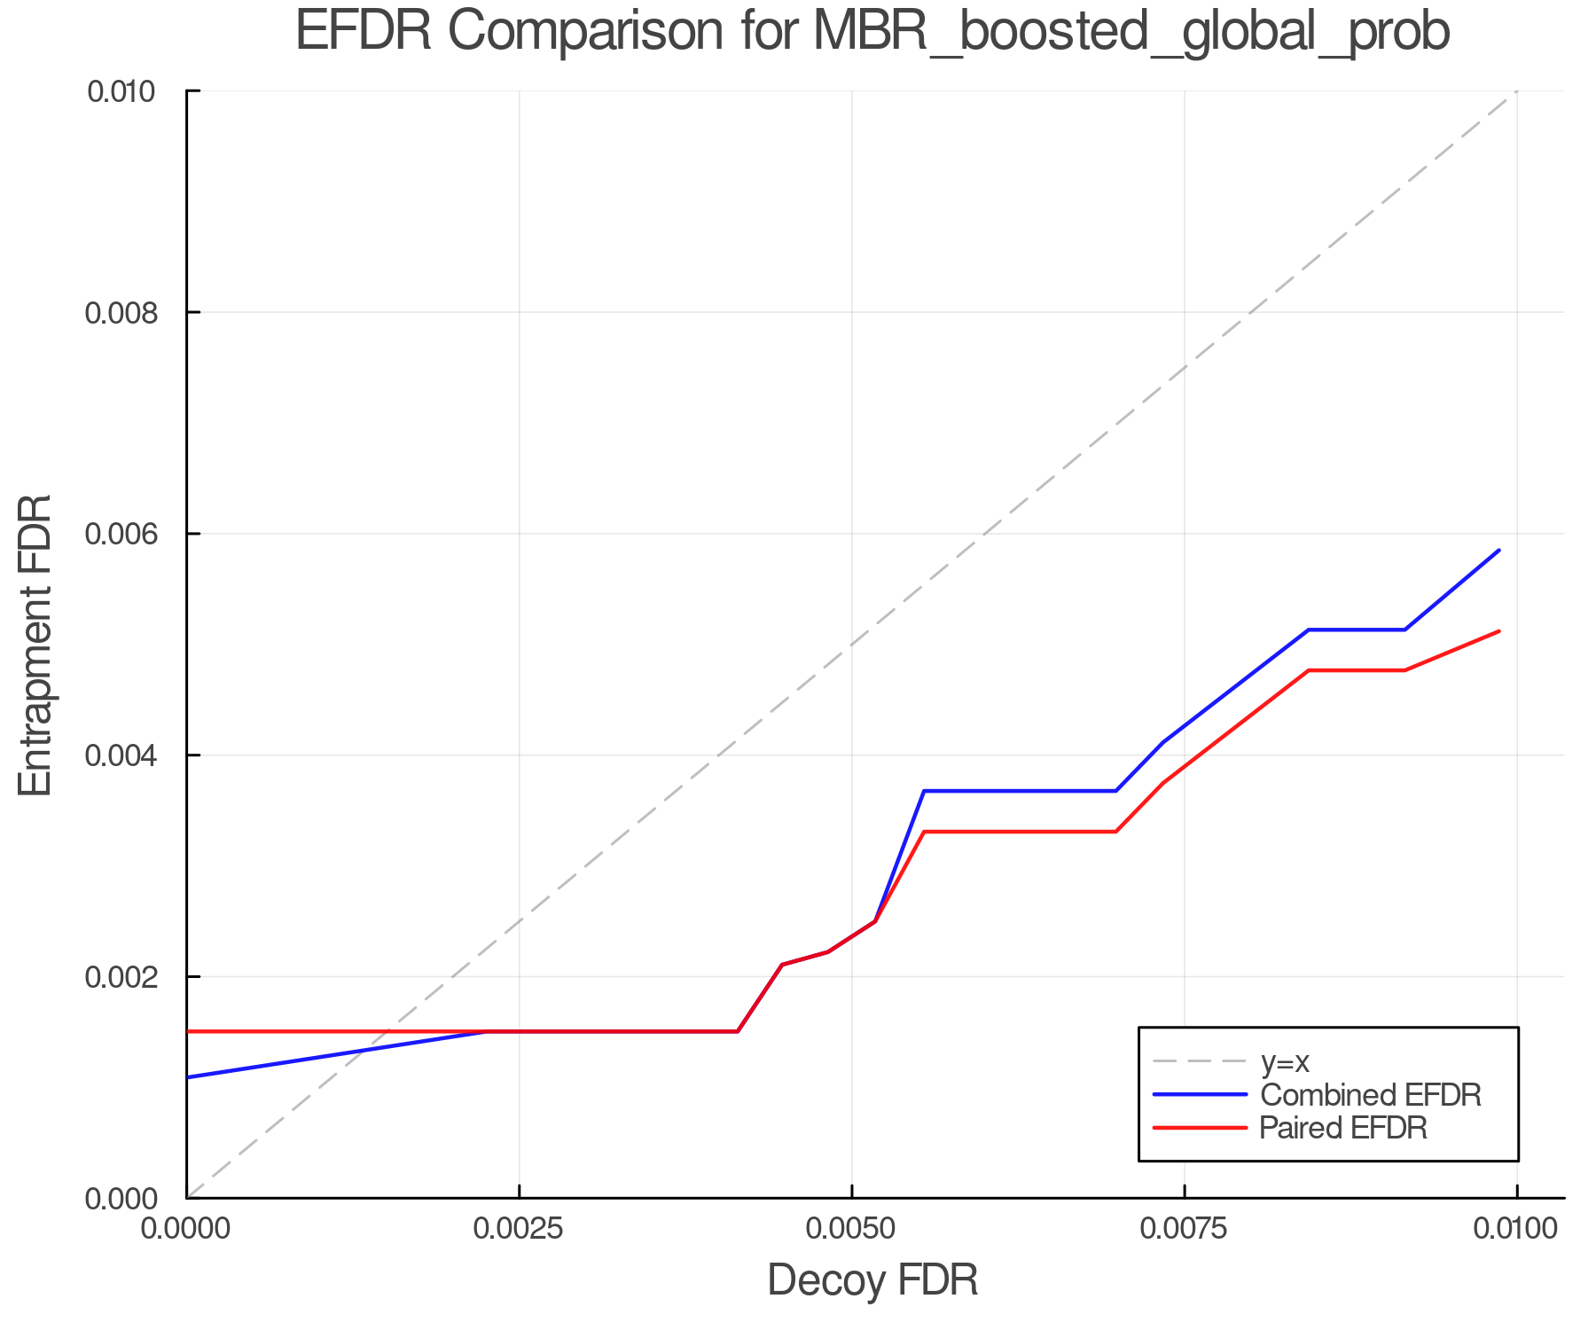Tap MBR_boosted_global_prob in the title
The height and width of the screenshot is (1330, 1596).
coord(1130,34)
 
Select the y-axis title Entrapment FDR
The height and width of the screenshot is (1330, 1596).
coord(35,645)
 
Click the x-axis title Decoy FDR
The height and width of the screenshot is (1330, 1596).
coord(872,1280)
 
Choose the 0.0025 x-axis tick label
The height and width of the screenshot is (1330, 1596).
coord(519,1228)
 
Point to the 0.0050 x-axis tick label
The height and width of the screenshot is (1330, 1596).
coord(851,1228)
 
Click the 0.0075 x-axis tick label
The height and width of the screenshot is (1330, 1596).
coord(1185,1228)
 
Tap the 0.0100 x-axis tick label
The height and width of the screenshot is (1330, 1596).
coord(1516,1228)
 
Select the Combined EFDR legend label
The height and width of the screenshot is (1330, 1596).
coord(1371,1095)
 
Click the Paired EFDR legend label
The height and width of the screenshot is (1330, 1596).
coord(1344,1128)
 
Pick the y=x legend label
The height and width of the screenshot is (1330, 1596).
coord(1285,1061)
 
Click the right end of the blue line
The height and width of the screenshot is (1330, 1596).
coord(1498,551)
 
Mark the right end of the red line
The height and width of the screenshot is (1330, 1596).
coord(1498,631)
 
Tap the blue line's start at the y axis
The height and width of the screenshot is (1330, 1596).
coord(189,1077)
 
